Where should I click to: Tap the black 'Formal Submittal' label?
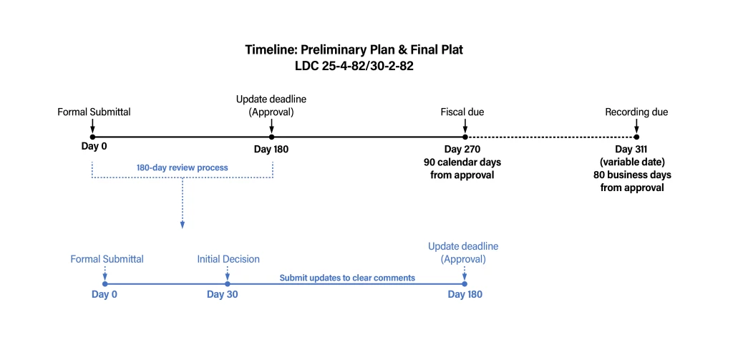click(94, 112)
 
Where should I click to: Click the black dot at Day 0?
click(93, 136)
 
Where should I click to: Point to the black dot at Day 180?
click(271, 136)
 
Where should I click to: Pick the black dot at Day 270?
click(465, 136)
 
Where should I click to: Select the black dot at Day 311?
click(636, 136)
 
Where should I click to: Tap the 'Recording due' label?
click(636, 112)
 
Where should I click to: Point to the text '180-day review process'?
click(183, 168)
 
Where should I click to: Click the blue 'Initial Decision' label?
click(228, 259)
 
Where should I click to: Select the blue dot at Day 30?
click(227, 283)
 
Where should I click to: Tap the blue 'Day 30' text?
click(222, 294)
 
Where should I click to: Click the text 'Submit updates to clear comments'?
click(347, 278)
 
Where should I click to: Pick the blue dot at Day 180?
click(465, 283)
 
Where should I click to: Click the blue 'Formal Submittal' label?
click(107, 259)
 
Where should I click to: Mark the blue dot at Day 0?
click(105, 283)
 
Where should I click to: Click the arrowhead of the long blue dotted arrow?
click(183, 225)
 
